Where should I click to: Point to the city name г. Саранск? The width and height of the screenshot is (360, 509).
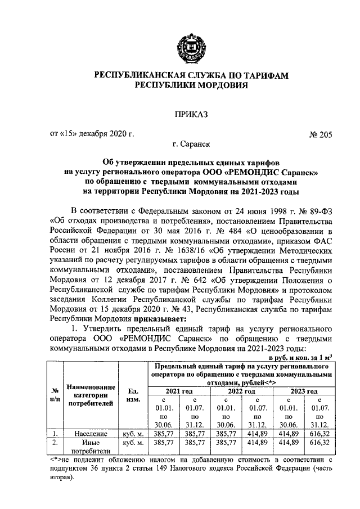click(x=187, y=145)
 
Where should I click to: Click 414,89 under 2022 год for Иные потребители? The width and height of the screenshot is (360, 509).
click(x=256, y=443)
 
